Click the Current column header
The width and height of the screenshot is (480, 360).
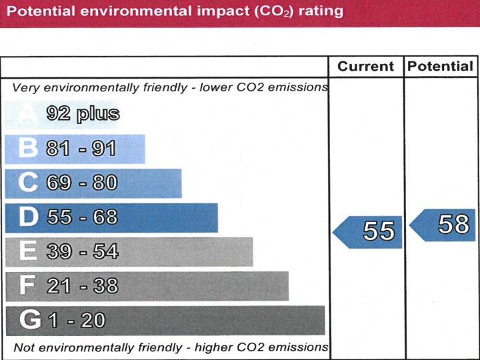coord(365,67)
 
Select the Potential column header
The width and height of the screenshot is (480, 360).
coord(440,67)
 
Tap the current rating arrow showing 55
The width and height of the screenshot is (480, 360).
coord(369,231)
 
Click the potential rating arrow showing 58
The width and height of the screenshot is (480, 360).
coord(443,225)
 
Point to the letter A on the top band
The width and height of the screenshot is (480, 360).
coord(27,115)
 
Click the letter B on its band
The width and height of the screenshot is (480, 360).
coord(27,149)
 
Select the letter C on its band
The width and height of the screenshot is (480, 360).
coord(27,183)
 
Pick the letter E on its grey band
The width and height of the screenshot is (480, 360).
coord(27,251)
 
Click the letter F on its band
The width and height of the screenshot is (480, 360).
coord(27,286)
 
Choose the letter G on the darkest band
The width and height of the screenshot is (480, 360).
coord(30,321)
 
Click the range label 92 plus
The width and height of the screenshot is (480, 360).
coord(83,114)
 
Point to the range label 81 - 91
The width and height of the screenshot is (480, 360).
coord(81,149)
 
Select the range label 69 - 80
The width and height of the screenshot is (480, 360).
coord(81,183)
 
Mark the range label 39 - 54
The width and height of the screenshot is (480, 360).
coord(82,251)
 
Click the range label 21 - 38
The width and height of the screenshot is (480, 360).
coord(82,286)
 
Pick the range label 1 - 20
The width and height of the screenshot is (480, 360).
coord(75,321)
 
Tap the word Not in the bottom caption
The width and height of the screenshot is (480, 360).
coord(23,347)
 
